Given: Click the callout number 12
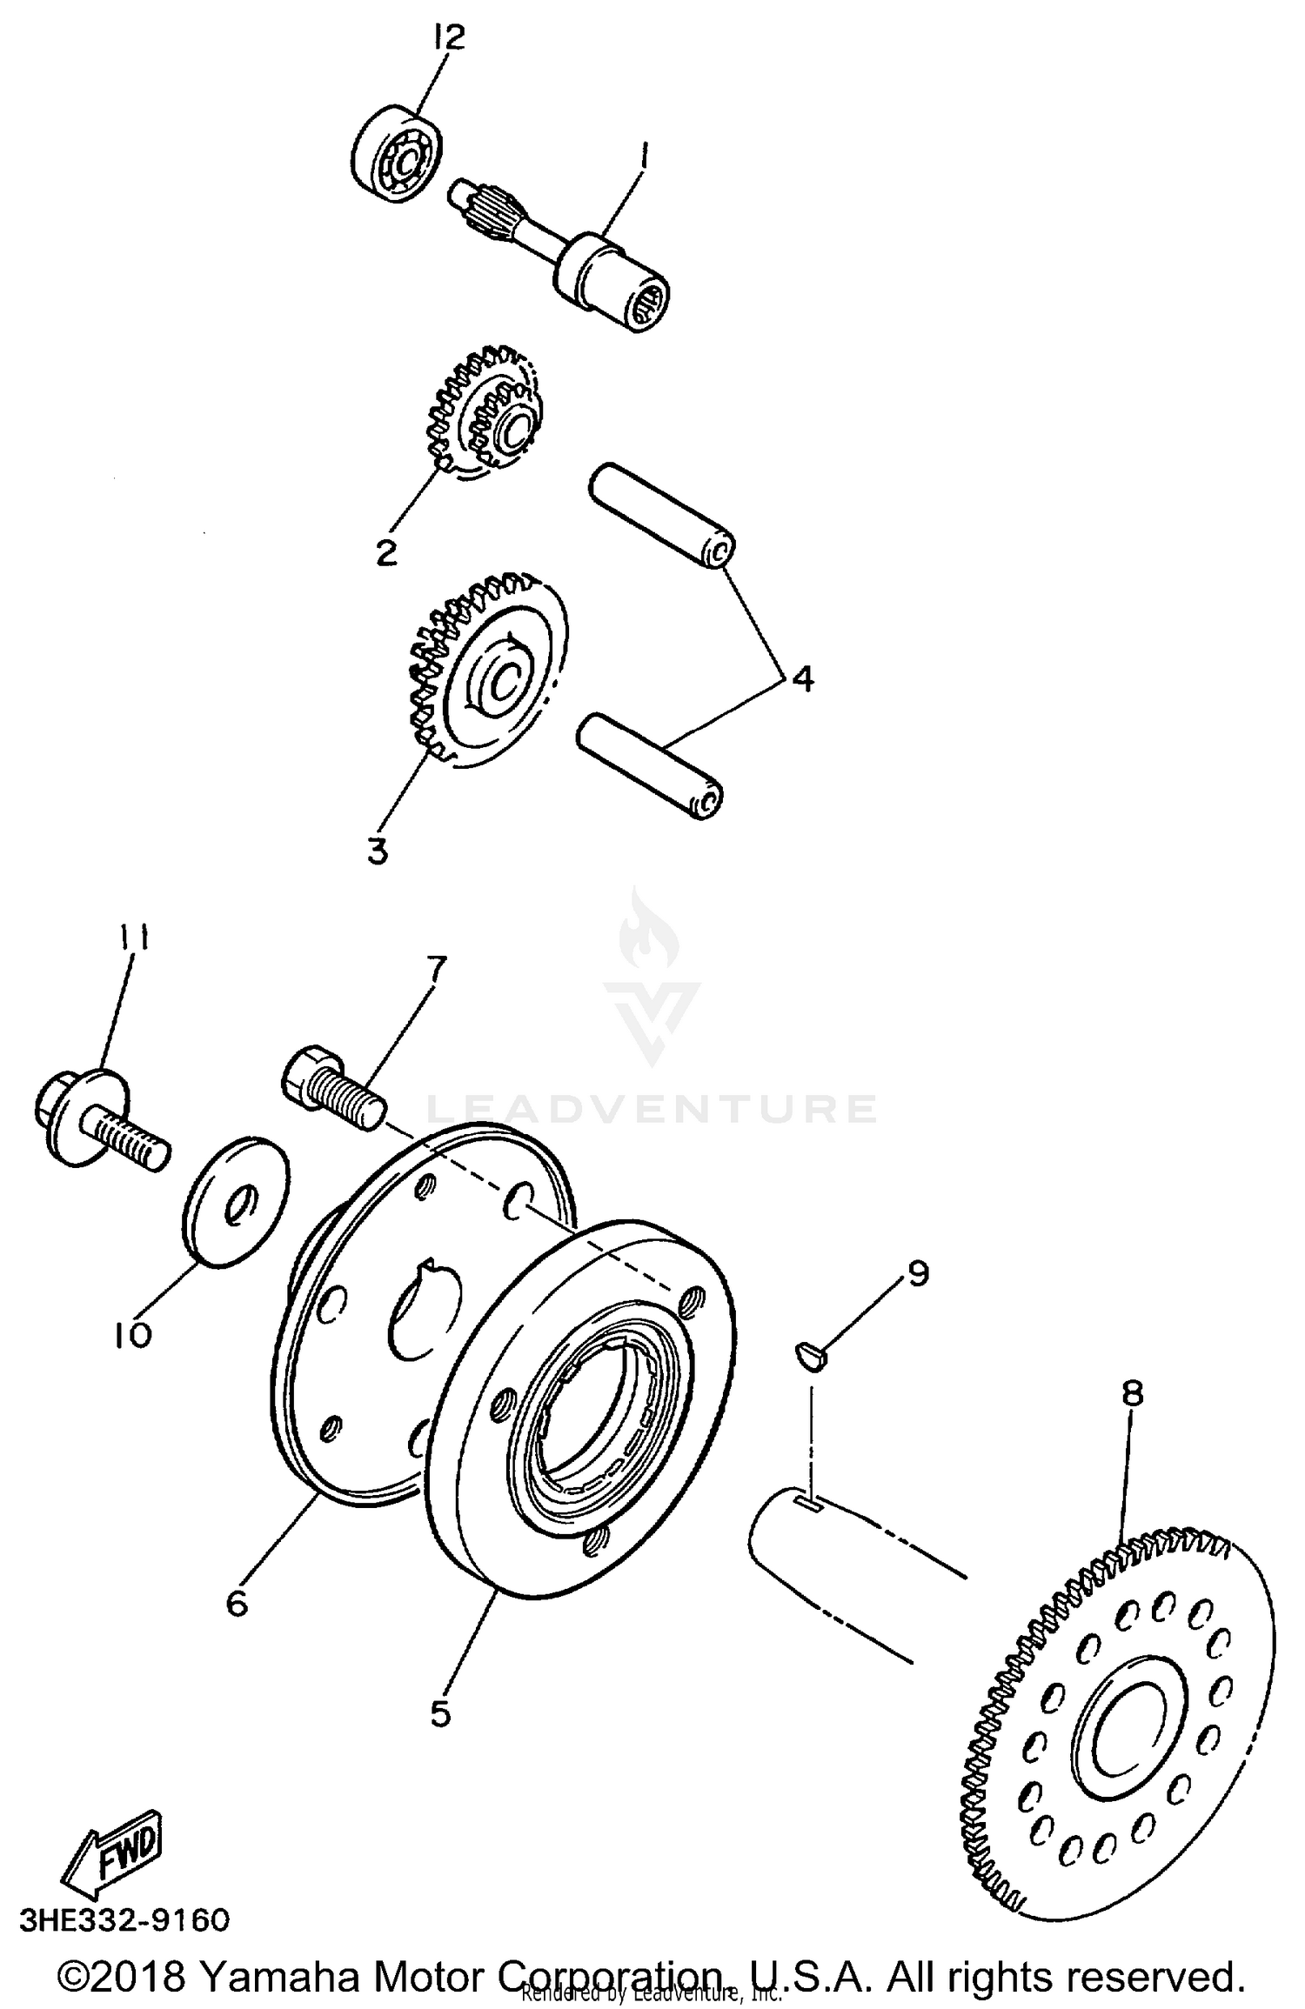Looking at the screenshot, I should pyautogui.click(x=451, y=37).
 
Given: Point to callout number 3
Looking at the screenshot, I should pyautogui.click(x=377, y=852).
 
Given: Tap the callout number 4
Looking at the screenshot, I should pyautogui.click(x=802, y=678).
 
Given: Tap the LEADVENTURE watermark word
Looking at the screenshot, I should pyautogui.click(x=651, y=1109).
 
